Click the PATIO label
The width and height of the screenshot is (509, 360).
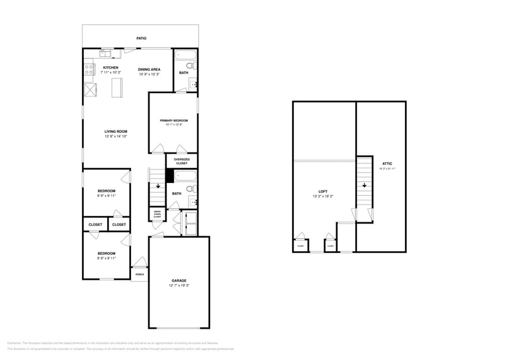(x=141, y=38)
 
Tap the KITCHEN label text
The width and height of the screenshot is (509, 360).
(x=110, y=67)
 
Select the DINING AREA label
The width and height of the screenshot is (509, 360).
(x=149, y=69)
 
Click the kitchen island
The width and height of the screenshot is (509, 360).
(x=116, y=89)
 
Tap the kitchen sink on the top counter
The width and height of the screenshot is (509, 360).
(x=107, y=53)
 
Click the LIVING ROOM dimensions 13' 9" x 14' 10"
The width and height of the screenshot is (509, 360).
(x=115, y=137)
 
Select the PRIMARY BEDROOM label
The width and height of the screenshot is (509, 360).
(x=173, y=121)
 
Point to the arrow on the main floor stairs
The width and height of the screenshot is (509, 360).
(x=158, y=186)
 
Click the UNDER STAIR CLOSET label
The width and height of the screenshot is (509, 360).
(x=157, y=215)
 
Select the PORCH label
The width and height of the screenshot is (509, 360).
(x=140, y=274)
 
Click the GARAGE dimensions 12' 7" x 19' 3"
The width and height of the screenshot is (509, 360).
(x=179, y=286)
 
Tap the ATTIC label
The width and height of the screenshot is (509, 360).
(x=387, y=163)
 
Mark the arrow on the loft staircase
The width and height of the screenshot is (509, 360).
(x=364, y=186)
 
